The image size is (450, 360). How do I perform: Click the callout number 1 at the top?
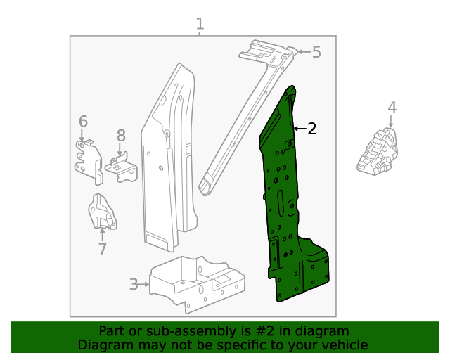[x=200, y=25]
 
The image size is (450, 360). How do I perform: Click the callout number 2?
[x=311, y=128]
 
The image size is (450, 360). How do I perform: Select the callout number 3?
[x=134, y=285]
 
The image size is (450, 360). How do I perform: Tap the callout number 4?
[x=392, y=108]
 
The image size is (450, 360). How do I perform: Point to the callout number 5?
[x=316, y=51]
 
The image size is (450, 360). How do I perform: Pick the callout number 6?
[x=83, y=121]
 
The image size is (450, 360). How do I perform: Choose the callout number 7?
[x=102, y=248]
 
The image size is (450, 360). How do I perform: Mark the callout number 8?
[x=121, y=135]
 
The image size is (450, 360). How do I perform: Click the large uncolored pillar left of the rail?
[x=169, y=162]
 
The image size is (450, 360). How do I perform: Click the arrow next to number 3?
[x=146, y=285]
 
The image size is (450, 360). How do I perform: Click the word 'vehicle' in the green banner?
[x=345, y=345]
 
